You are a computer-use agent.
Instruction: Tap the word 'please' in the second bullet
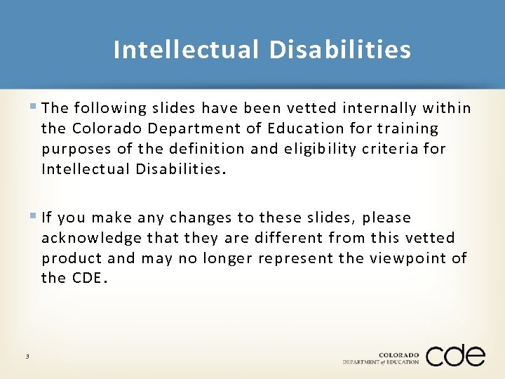pos(386,218)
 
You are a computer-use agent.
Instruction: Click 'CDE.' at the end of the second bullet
pos(90,278)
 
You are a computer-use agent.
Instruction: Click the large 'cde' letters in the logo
pos(454,355)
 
